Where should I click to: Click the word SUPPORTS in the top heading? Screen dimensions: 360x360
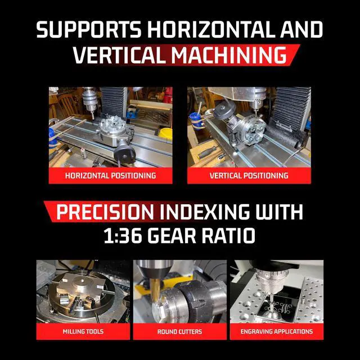click(89, 29)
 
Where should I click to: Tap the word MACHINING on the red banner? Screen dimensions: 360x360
click(229, 55)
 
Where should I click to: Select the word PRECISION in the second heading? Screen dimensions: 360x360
click(105, 211)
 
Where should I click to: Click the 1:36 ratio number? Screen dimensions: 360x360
click(123, 235)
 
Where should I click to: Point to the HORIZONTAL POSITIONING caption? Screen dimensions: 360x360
click(110, 175)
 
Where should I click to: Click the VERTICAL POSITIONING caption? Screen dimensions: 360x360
click(249, 175)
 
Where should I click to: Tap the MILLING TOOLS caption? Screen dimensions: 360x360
click(83, 331)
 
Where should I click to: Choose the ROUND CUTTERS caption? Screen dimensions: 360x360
click(179, 331)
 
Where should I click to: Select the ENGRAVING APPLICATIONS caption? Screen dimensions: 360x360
click(276, 331)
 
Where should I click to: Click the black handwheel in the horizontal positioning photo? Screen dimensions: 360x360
click(124, 155)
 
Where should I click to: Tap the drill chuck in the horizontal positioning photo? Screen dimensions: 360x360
click(89, 101)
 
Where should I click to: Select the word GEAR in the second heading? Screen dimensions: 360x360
click(172, 235)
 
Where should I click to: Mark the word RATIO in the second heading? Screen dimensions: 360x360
click(228, 235)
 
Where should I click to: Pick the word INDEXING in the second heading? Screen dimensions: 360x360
click(204, 211)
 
